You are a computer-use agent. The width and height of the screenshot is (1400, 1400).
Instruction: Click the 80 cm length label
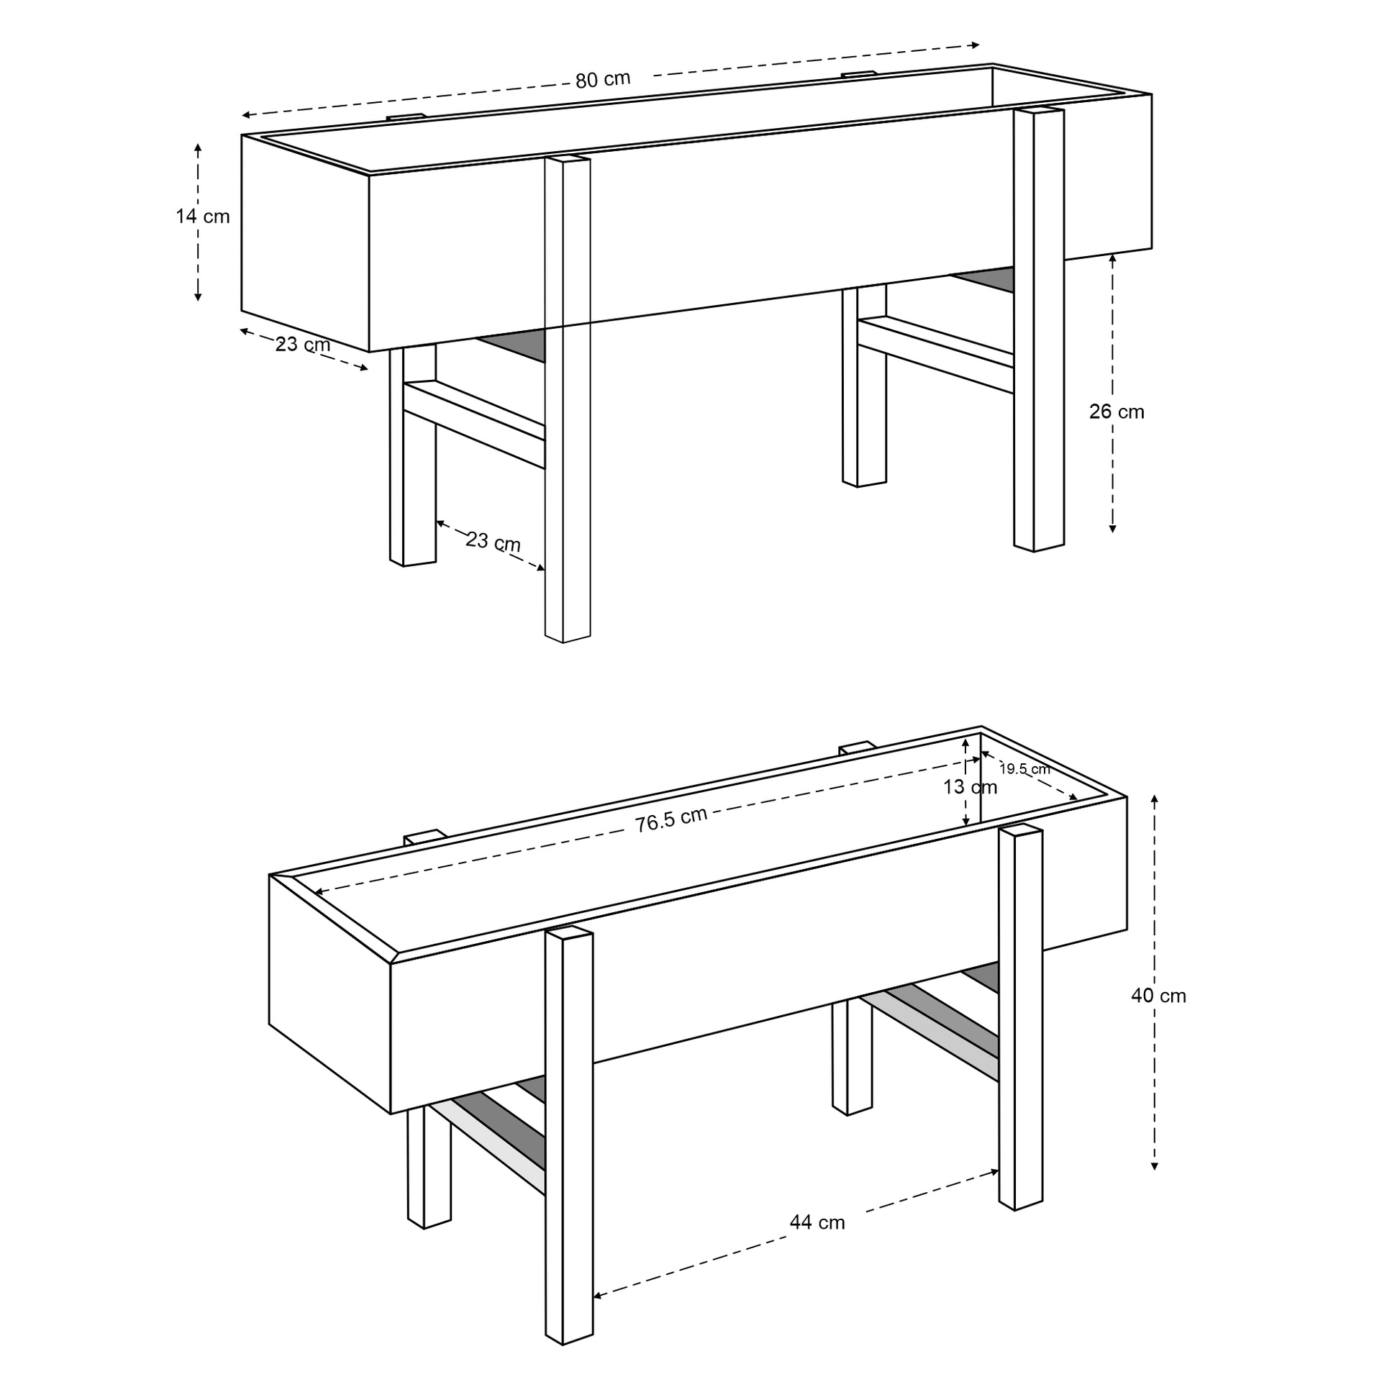(x=603, y=79)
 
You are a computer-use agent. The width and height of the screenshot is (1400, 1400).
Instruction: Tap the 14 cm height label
(x=203, y=216)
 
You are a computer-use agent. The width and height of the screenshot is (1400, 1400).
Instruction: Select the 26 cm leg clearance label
(x=1117, y=412)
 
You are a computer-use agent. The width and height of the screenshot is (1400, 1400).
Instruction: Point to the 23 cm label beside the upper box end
(x=303, y=344)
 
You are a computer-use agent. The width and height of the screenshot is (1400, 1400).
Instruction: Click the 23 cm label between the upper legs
(x=493, y=541)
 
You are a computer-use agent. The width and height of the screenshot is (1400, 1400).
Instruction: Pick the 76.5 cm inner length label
(x=672, y=820)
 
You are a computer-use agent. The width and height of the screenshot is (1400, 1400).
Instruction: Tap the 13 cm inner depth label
(x=971, y=787)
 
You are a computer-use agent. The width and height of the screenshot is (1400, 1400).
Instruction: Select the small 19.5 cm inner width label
(x=1024, y=769)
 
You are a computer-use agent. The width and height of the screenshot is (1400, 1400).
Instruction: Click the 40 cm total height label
(x=1159, y=996)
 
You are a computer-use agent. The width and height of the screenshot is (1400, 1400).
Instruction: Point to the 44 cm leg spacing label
(x=817, y=1222)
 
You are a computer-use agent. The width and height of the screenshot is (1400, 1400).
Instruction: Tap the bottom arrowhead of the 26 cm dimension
(x=1112, y=529)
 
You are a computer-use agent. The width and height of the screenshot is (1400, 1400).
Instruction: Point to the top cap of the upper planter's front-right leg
(x=1039, y=110)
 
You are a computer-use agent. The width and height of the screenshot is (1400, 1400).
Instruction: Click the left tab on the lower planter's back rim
(x=424, y=837)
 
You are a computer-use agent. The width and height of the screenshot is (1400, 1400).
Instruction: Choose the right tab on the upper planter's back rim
(x=859, y=73)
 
